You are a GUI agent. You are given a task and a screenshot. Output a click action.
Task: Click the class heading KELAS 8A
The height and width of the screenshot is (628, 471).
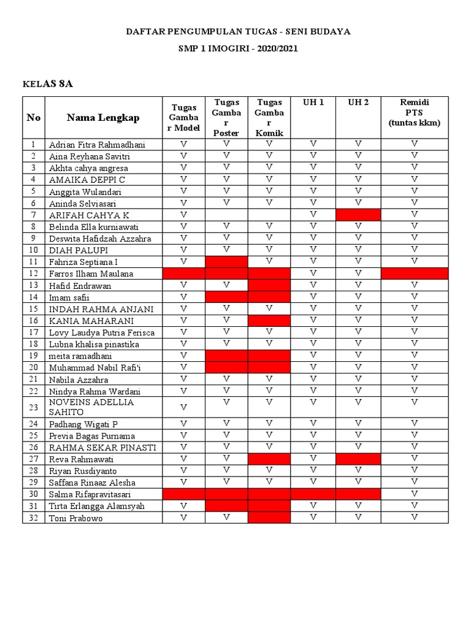click(48, 84)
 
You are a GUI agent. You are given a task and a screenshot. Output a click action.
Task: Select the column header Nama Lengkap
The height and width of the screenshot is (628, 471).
click(103, 117)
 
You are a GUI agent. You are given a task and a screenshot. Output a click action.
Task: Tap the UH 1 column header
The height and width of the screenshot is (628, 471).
click(313, 102)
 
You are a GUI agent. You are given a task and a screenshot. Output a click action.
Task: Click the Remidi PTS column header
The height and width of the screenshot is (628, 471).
click(415, 112)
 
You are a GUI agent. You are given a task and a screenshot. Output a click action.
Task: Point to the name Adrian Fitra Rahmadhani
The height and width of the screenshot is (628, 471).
click(97, 145)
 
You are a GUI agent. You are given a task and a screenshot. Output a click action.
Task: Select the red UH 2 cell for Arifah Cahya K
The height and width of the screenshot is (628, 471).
click(358, 215)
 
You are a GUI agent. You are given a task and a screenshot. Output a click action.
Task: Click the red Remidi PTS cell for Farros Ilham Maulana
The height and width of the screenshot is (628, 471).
click(415, 274)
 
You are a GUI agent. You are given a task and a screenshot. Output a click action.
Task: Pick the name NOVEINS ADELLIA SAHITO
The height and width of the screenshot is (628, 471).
click(91, 407)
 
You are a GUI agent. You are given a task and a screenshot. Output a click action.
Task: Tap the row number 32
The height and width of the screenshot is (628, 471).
click(34, 518)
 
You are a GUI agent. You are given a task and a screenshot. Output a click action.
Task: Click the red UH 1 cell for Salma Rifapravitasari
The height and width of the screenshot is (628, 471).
click(313, 494)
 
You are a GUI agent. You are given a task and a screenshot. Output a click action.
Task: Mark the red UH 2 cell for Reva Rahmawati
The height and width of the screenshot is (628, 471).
click(358, 459)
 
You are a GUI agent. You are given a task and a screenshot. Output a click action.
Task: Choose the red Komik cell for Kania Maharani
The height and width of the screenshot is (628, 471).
click(269, 320)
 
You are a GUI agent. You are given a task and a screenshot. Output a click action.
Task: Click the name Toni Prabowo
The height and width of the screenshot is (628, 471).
click(76, 518)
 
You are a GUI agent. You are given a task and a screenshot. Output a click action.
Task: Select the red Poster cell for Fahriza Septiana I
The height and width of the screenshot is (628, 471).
click(226, 262)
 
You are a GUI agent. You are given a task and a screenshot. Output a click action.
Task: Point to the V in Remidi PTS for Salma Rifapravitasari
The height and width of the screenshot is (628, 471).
click(415, 494)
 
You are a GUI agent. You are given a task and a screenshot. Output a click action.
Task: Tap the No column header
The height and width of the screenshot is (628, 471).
click(34, 117)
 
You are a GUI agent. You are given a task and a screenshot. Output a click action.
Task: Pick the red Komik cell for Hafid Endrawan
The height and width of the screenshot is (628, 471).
click(269, 285)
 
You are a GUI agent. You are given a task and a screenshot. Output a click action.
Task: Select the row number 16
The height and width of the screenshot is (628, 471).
click(34, 321)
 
